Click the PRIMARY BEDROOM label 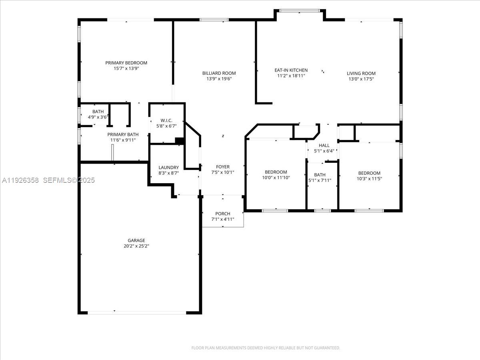[126, 63]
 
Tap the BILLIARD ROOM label [219, 73]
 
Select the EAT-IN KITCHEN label [291, 70]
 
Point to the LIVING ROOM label [361, 73]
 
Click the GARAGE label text [136, 240]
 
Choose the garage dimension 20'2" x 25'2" [136, 246]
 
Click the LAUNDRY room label [168, 168]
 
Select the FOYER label [223, 167]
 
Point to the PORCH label [222, 214]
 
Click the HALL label [324, 145]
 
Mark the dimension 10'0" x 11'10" [276, 178]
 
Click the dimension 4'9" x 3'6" [98, 117]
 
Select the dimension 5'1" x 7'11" [320, 180]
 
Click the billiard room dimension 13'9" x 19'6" [219, 79]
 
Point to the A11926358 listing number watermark [20, 180]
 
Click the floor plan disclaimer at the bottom [266, 348]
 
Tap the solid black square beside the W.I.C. [180, 141]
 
